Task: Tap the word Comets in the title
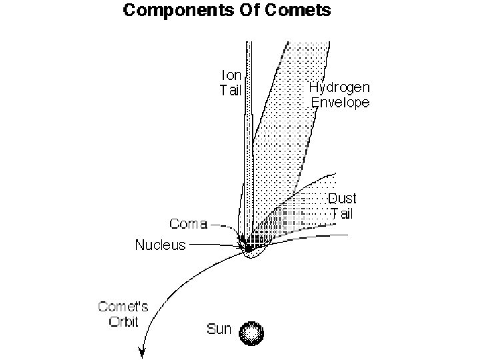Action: [x=295, y=11]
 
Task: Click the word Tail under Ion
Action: [x=231, y=90]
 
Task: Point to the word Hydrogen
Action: [x=340, y=87]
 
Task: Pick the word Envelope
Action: [x=340, y=102]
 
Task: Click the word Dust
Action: [x=343, y=199]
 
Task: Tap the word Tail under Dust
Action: [x=343, y=213]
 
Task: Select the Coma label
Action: [x=189, y=224]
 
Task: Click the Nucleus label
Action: [x=160, y=245]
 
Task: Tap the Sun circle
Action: [x=252, y=331]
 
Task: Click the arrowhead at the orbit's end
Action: [x=142, y=352]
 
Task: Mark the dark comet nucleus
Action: [x=249, y=246]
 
